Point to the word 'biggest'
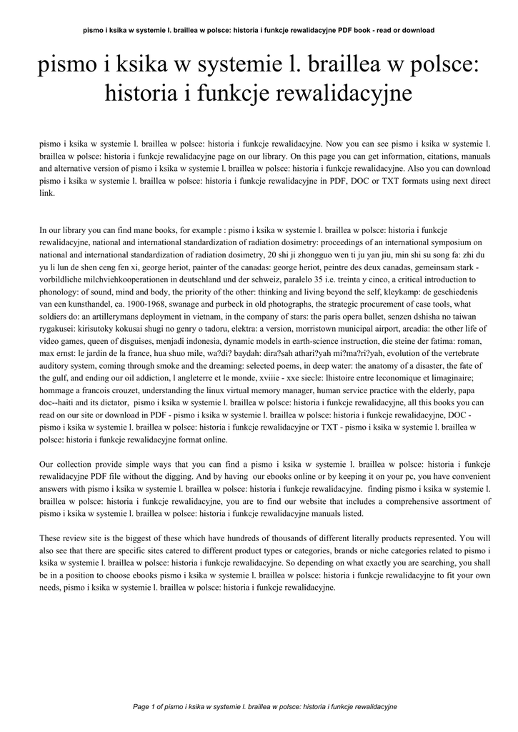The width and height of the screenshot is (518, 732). pos(136,538)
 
